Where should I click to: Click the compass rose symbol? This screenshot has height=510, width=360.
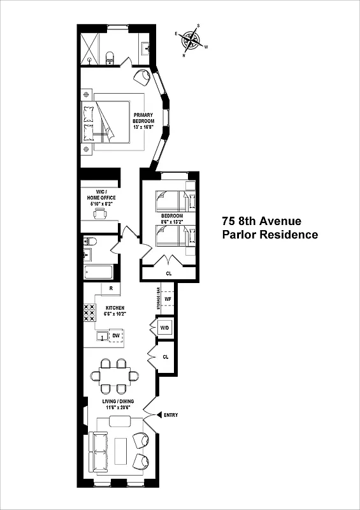(191, 40)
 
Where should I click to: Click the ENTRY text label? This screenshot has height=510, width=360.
(170, 415)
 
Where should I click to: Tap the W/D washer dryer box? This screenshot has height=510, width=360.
(164, 328)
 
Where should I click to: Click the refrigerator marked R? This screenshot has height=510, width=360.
(111, 289)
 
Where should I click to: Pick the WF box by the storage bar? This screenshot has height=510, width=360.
(168, 298)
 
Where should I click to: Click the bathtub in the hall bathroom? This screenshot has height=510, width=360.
(98, 272)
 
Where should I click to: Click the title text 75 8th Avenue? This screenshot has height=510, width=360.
(261, 221)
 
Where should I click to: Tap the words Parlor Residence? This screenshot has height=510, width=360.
(270, 235)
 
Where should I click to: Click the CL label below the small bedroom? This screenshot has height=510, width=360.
(169, 273)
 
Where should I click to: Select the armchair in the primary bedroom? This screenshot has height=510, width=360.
(143, 78)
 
